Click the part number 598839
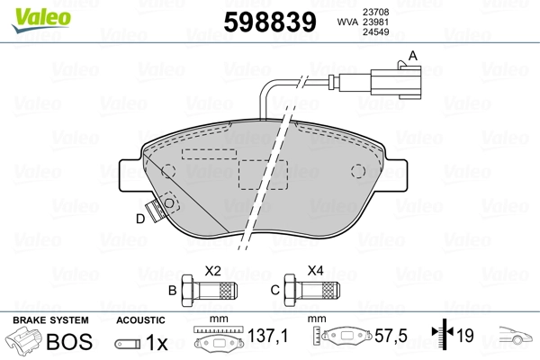pyautogui.click(x=270, y=22)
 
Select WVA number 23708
pyautogui.click(x=375, y=12)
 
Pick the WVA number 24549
pyautogui.click(x=375, y=32)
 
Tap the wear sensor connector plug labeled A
pyautogui.click(x=396, y=82)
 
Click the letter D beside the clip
pyautogui.click(x=140, y=219)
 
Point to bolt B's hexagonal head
pyautogui.click(x=188, y=291)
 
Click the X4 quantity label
pyautogui.click(x=316, y=271)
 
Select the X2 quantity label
pyautogui.click(x=212, y=271)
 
